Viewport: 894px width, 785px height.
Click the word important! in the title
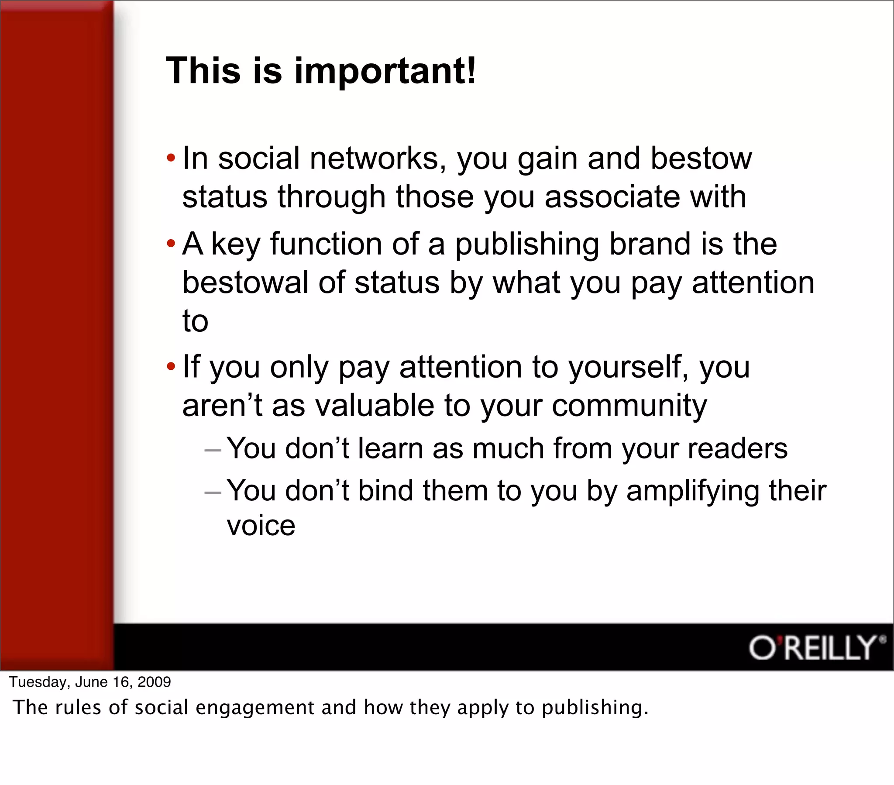click(385, 71)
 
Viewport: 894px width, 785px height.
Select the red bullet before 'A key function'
click(171, 243)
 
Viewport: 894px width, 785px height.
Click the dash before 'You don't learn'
click(213, 450)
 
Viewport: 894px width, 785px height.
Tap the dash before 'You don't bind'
click(213, 492)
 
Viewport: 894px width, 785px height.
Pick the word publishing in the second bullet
click(527, 245)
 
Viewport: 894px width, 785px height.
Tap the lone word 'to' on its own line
click(195, 321)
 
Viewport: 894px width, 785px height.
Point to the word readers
click(737, 449)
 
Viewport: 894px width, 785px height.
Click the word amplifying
click(692, 492)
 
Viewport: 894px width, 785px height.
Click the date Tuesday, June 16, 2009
click(90, 682)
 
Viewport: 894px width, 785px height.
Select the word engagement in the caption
click(255, 708)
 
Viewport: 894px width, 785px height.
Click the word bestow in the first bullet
click(701, 158)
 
